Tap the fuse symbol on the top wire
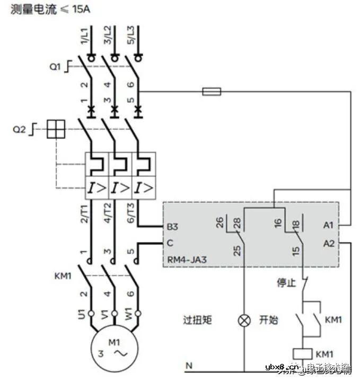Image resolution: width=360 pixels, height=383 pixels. [212, 92]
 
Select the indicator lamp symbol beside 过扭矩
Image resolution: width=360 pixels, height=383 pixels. [244, 320]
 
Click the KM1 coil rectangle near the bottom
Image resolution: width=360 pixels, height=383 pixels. [304, 353]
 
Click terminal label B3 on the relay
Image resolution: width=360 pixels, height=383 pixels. [172, 226]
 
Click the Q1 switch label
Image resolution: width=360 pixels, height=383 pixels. [56, 67]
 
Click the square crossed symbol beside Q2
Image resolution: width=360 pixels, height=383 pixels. [56, 129]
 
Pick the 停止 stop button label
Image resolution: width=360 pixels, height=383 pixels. [286, 283]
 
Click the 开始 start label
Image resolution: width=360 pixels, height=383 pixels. [268, 320]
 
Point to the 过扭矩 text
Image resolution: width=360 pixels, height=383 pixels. [197, 320]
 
